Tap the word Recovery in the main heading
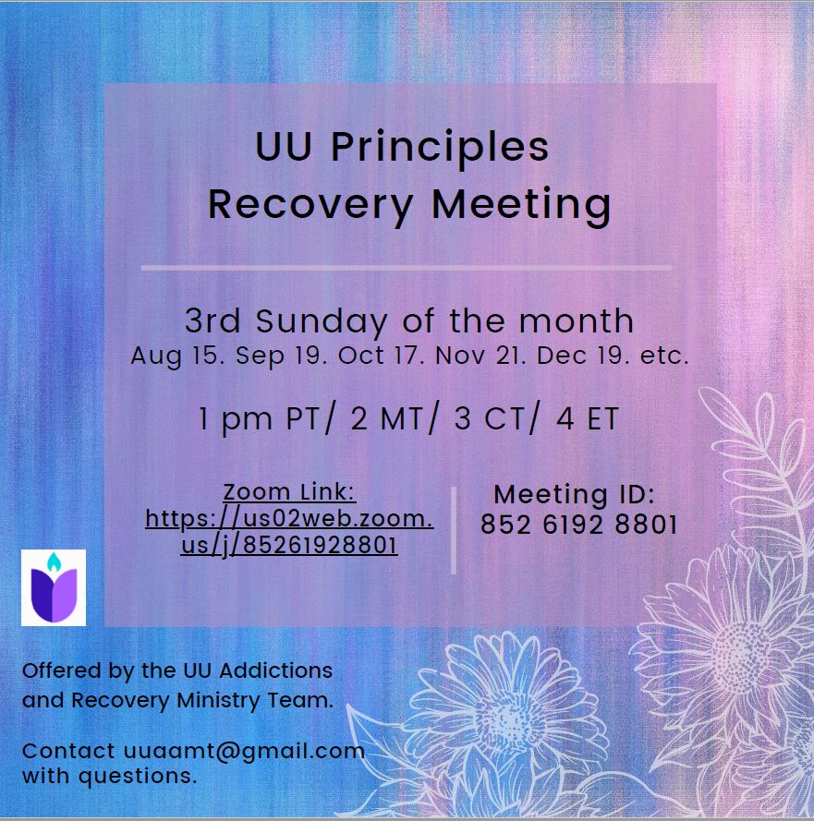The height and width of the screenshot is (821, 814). tap(310, 205)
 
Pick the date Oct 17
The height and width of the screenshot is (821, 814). tap(385, 356)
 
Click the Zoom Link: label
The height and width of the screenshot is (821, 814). tap(290, 492)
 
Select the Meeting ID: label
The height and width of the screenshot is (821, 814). tap(574, 494)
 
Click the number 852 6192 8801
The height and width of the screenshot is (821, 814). tap(578, 525)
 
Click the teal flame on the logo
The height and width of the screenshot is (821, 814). tap(54, 561)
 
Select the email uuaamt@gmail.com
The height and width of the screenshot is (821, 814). tap(244, 752)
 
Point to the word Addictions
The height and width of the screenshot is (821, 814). tap(276, 670)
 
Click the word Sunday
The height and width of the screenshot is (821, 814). tap(322, 321)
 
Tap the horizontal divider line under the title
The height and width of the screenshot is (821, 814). tap(407, 268)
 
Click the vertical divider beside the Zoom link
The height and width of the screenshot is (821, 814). tap(454, 530)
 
